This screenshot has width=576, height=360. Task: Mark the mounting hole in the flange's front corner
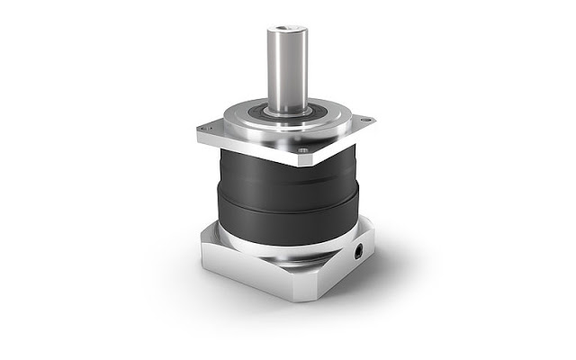[x=303, y=150]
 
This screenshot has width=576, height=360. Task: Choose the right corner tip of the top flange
[x=374, y=118]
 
